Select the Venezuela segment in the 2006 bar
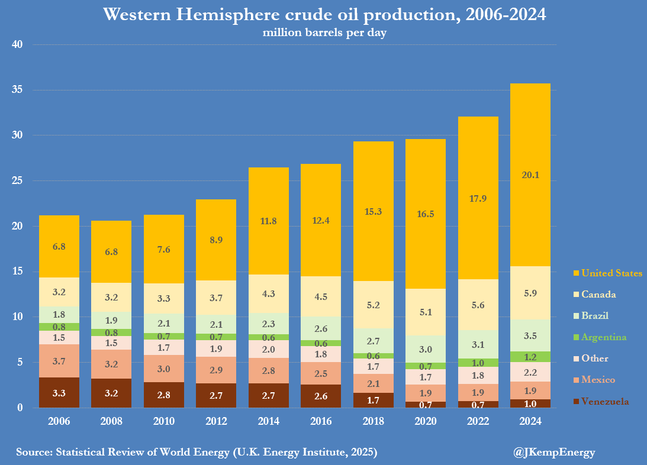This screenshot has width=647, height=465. pos(59,392)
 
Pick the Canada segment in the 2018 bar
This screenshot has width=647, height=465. pos(373,305)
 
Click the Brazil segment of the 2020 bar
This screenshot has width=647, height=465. pos(426,349)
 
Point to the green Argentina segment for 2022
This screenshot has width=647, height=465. pos(478,363)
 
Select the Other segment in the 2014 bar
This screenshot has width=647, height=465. pos(269,349)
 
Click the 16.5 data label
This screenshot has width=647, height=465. pos(426,214)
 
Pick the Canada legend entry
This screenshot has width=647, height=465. pos(598,295)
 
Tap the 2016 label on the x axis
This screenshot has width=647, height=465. pos(321,421)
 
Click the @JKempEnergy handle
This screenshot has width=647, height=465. pos(554,453)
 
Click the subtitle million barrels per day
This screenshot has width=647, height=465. pos(324,33)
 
